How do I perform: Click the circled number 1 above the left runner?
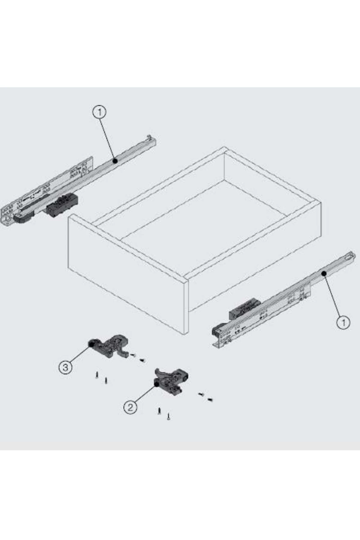tap(100, 112)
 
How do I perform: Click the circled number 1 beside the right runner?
tap(343, 322)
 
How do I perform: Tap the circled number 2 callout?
tap(130, 407)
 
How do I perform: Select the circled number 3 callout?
tap(65, 367)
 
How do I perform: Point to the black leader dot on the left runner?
tap(115, 161)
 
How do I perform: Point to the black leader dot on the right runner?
tap(324, 273)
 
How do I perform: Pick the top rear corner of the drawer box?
tap(224, 147)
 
